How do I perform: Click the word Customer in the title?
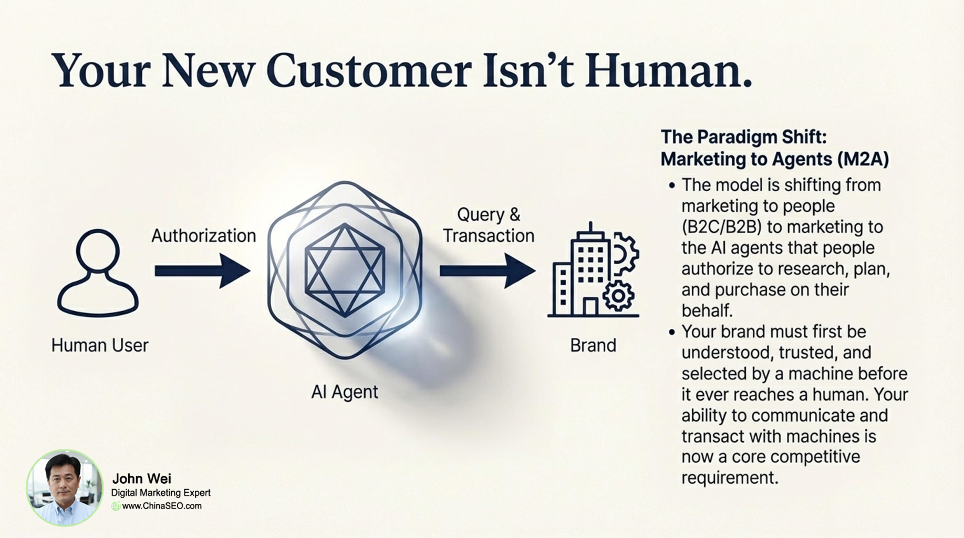(369, 70)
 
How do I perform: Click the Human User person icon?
(98, 273)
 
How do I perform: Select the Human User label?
(100, 345)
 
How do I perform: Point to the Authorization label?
(203, 235)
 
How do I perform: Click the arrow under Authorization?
(202, 271)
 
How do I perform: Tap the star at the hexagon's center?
(345, 270)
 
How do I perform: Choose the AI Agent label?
(345, 391)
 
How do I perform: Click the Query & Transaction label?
(489, 225)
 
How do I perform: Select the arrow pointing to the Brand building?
(488, 271)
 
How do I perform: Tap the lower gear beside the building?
(618, 296)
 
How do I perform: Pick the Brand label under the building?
(593, 345)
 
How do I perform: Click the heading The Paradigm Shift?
(743, 137)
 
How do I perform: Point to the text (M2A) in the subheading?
(863, 159)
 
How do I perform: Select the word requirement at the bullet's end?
(730, 478)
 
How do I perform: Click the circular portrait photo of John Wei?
(65, 488)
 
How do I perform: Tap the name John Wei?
(141, 479)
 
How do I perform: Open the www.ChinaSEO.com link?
(162, 506)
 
